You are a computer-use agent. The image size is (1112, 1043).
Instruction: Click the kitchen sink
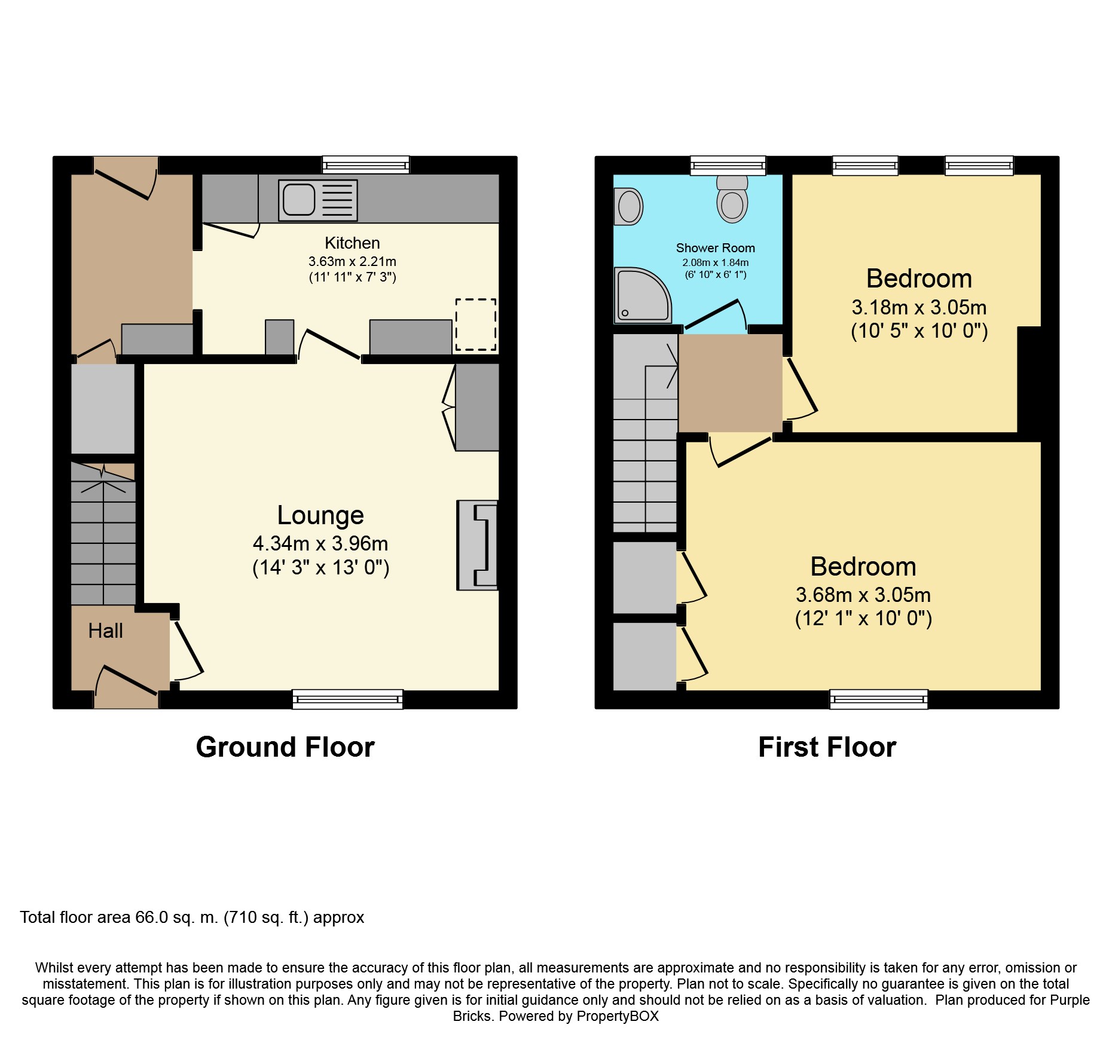point(317,200)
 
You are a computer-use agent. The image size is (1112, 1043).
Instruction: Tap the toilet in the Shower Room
point(732,198)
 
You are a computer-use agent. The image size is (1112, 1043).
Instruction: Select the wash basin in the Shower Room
point(628,206)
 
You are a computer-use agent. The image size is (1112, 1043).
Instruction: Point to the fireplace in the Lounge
point(477,545)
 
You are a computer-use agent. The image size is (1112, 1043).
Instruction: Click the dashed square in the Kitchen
point(476,325)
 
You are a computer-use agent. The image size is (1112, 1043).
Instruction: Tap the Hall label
point(105,631)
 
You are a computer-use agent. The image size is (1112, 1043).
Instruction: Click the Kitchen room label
point(352,243)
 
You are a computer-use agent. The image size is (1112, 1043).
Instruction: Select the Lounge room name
point(320,515)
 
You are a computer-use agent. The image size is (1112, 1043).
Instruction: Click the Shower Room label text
point(715,248)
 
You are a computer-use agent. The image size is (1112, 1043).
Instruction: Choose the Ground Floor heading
point(285,747)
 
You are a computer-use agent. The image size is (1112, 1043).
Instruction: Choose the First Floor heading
point(827,747)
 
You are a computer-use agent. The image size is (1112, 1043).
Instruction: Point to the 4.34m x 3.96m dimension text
point(320,543)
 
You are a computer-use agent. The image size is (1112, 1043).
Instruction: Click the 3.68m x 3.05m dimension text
point(863,595)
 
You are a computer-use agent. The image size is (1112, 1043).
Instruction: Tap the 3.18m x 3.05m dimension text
point(919,307)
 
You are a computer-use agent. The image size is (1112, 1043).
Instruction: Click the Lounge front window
point(347,699)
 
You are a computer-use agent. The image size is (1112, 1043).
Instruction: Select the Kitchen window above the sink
point(366,165)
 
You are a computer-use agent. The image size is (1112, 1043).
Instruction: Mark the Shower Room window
point(728,166)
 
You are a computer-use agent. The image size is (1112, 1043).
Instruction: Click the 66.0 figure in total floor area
point(152,917)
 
